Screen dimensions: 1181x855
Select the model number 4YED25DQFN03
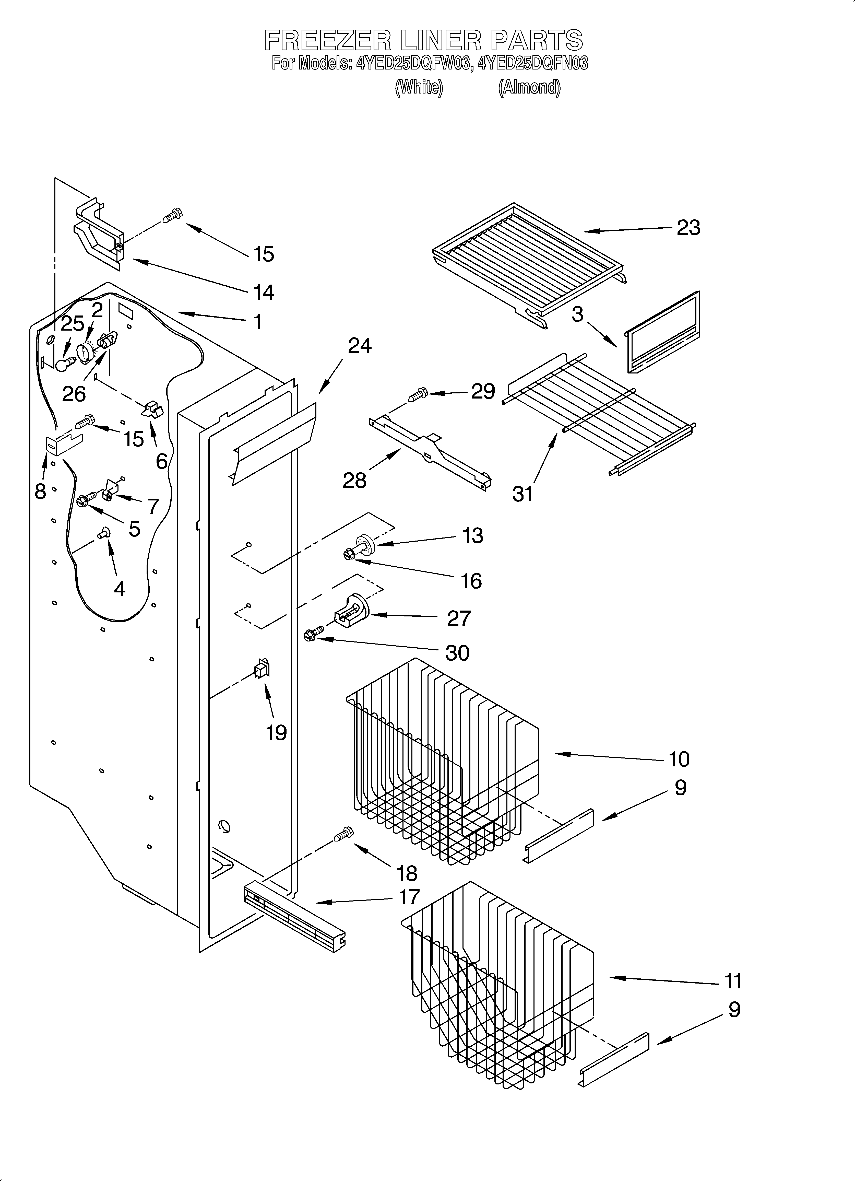[x=533, y=64]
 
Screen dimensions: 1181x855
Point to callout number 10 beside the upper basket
[x=679, y=759]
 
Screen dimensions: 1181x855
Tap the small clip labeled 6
[x=152, y=409]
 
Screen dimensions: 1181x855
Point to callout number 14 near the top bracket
[x=264, y=292]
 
